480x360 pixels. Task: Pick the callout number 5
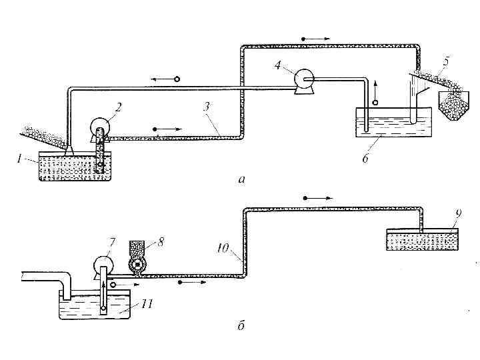(x=446, y=62)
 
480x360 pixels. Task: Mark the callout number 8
(x=161, y=241)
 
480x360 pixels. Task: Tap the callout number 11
(x=147, y=304)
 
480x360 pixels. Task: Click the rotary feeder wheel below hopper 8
(x=137, y=267)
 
